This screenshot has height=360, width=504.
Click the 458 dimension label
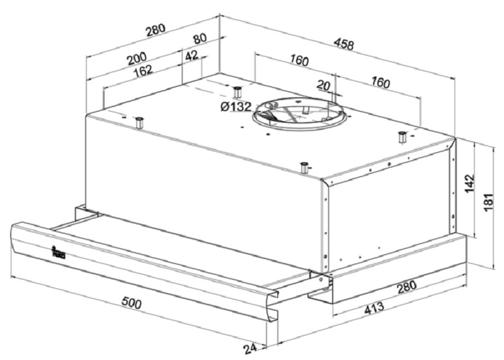[x=343, y=44]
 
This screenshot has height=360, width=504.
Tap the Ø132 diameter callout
[x=236, y=107]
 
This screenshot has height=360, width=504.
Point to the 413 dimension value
[x=374, y=308]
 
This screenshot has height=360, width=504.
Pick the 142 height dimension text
[x=470, y=183]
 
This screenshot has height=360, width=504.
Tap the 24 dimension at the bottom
[x=250, y=349]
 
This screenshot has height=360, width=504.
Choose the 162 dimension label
[x=142, y=70]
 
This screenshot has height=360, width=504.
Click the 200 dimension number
[x=137, y=58]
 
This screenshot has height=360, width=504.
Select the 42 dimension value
[x=192, y=55]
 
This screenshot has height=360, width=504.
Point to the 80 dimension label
[x=199, y=39]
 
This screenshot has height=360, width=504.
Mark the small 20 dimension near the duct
[x=323, y=85]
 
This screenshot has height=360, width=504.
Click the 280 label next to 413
[x=406, y=287]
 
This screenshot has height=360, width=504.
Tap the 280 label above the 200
[x=156, y=30]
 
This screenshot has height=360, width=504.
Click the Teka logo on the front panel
[x=58, y=253]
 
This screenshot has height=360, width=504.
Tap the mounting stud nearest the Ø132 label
[x=238, y=92]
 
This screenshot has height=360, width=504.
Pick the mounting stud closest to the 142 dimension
[x=401, y=137]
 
